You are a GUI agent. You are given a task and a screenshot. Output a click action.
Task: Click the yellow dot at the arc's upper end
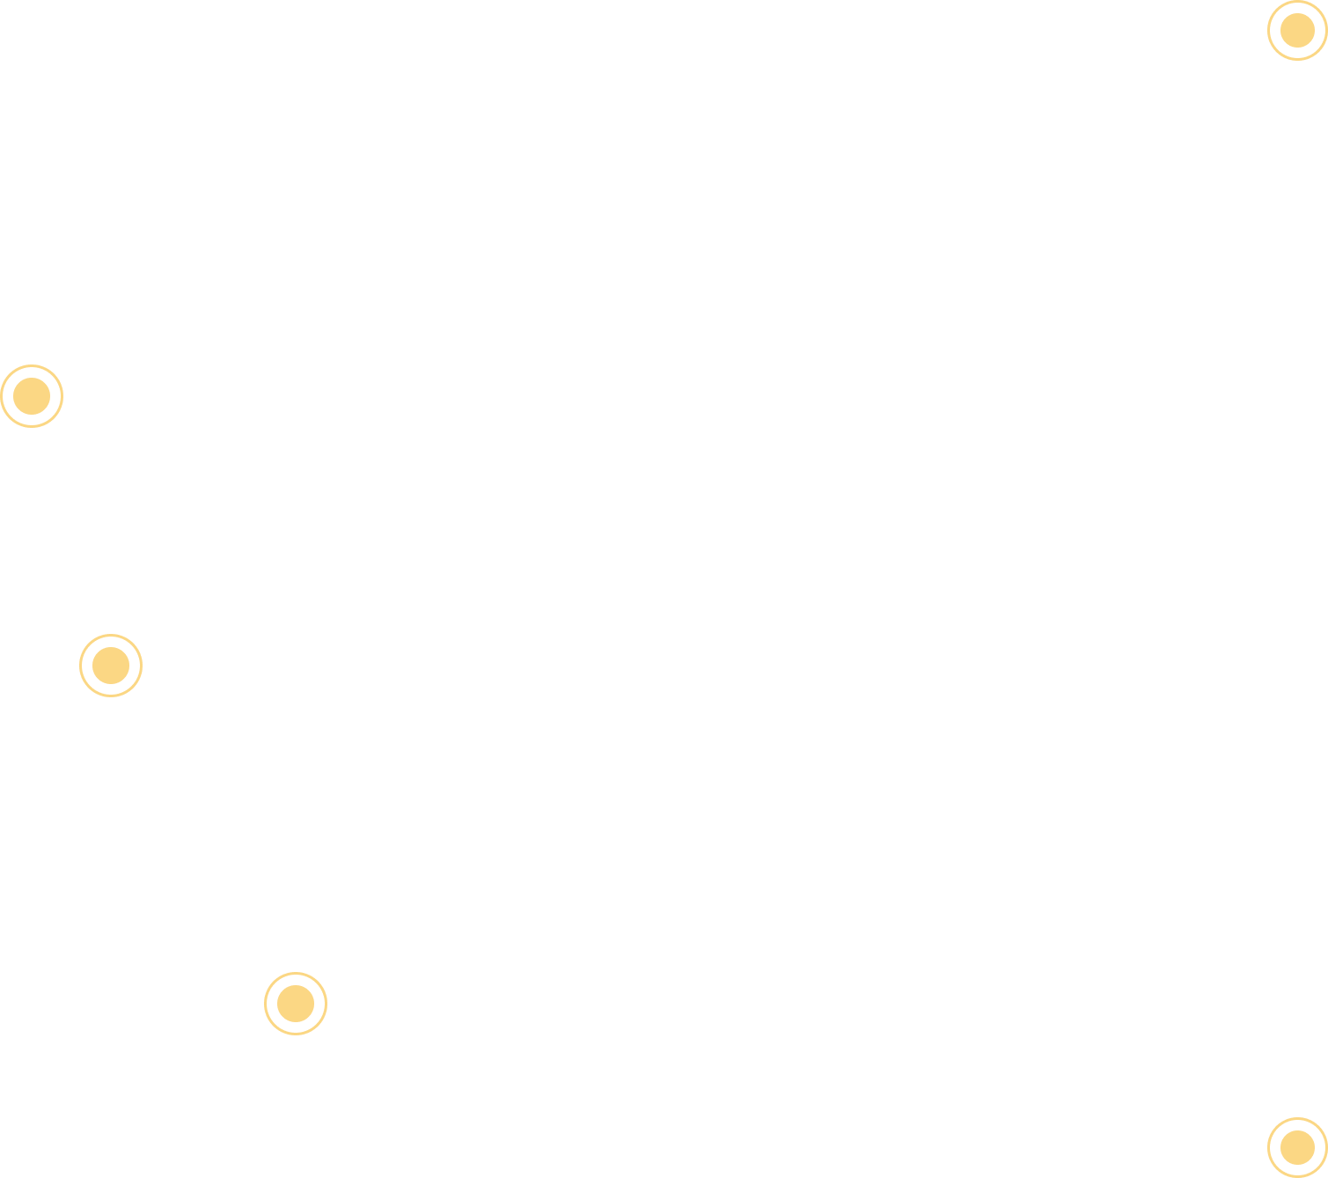(x=1297, y=31)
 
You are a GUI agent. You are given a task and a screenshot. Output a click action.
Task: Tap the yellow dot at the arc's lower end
(x=1297, y=1147)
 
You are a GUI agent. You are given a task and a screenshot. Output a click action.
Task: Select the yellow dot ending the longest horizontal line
(x=32, y=396)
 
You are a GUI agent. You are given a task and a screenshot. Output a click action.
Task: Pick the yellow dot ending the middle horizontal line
(x=111, y=666)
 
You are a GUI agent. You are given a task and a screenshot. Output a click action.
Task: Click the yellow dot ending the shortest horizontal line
(x=296, y=1004)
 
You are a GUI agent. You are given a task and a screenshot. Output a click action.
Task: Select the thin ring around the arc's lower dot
(x=1269, y=1147)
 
